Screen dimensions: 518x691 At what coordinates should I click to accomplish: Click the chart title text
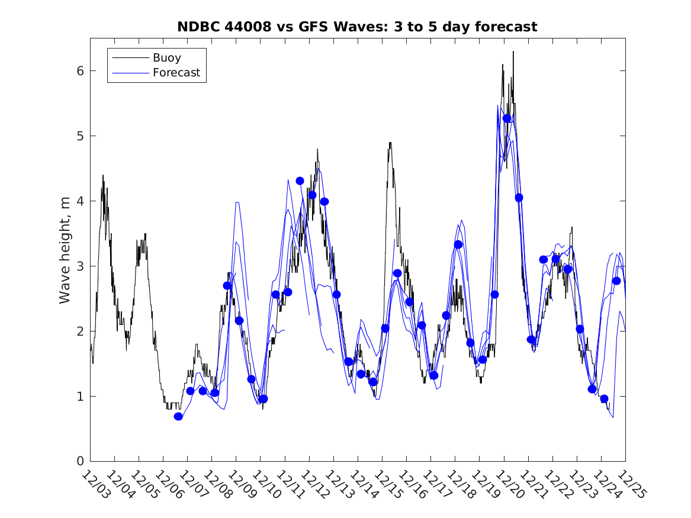click(357, 27)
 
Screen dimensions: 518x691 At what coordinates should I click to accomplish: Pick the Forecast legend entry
click(176, 73)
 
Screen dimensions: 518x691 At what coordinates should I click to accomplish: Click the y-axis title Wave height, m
click(65, 250)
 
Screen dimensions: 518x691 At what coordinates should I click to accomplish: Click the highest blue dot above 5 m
click(507, 118)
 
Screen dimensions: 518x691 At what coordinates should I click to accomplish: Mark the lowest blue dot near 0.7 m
click(178, 416)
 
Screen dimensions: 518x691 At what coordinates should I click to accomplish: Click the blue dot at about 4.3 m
click(300, 181)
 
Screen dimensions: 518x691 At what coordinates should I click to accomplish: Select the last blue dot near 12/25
click(616, 281)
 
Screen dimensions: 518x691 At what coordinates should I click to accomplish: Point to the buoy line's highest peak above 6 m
click(513, 52)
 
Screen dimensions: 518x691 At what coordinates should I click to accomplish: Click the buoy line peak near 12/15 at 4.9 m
click(390, 143)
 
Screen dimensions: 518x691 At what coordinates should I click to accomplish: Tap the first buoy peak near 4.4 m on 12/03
click(103, 175)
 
